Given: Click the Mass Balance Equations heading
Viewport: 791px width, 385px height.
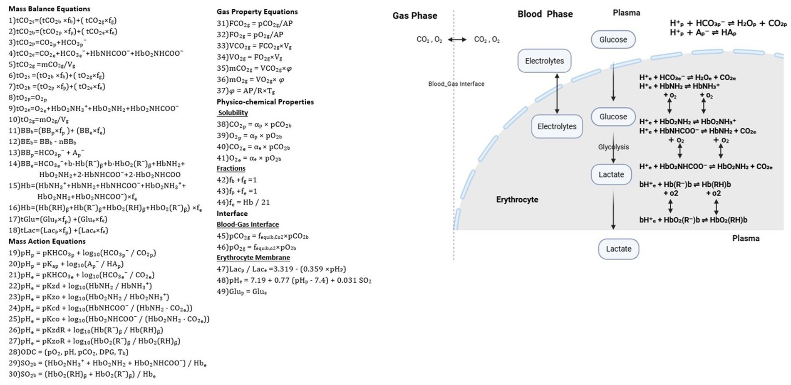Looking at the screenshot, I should pos(49,9).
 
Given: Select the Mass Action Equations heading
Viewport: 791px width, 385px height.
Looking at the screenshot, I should pos(47,241).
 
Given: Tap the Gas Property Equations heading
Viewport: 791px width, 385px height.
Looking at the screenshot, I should pos(257,12).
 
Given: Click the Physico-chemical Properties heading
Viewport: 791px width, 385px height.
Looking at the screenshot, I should pos(265,102).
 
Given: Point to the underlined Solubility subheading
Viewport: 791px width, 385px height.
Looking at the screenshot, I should pos(233,113).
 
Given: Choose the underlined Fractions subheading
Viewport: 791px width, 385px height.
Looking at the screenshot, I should pos(231,168).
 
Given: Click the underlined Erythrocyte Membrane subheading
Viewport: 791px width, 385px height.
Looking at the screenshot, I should pos(253,257).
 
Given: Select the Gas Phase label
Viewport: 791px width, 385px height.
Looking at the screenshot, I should pos(415,16).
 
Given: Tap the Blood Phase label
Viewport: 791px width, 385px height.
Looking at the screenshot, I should pos(545,14).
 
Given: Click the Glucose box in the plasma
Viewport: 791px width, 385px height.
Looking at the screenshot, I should pos(613,39).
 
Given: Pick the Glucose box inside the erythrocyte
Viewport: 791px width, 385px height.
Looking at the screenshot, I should pos(613,117).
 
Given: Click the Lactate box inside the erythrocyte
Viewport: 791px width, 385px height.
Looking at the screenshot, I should pos(611,175).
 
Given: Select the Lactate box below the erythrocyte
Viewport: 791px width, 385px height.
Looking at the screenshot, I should pos(618,249).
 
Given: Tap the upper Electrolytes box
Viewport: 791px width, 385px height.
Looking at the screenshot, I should pos(544,61).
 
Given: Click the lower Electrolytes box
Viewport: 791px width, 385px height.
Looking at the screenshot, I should pos(557,126).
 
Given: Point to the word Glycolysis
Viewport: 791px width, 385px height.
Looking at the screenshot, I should pos(613,147).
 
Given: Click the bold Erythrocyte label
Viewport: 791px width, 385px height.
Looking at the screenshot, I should pos(517,200).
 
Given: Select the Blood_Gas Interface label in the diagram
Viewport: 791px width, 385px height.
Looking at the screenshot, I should pos(456,84).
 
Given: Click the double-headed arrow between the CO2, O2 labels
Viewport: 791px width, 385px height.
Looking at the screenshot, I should pos(457,39).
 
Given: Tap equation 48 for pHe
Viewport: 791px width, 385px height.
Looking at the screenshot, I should pos(294,280).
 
